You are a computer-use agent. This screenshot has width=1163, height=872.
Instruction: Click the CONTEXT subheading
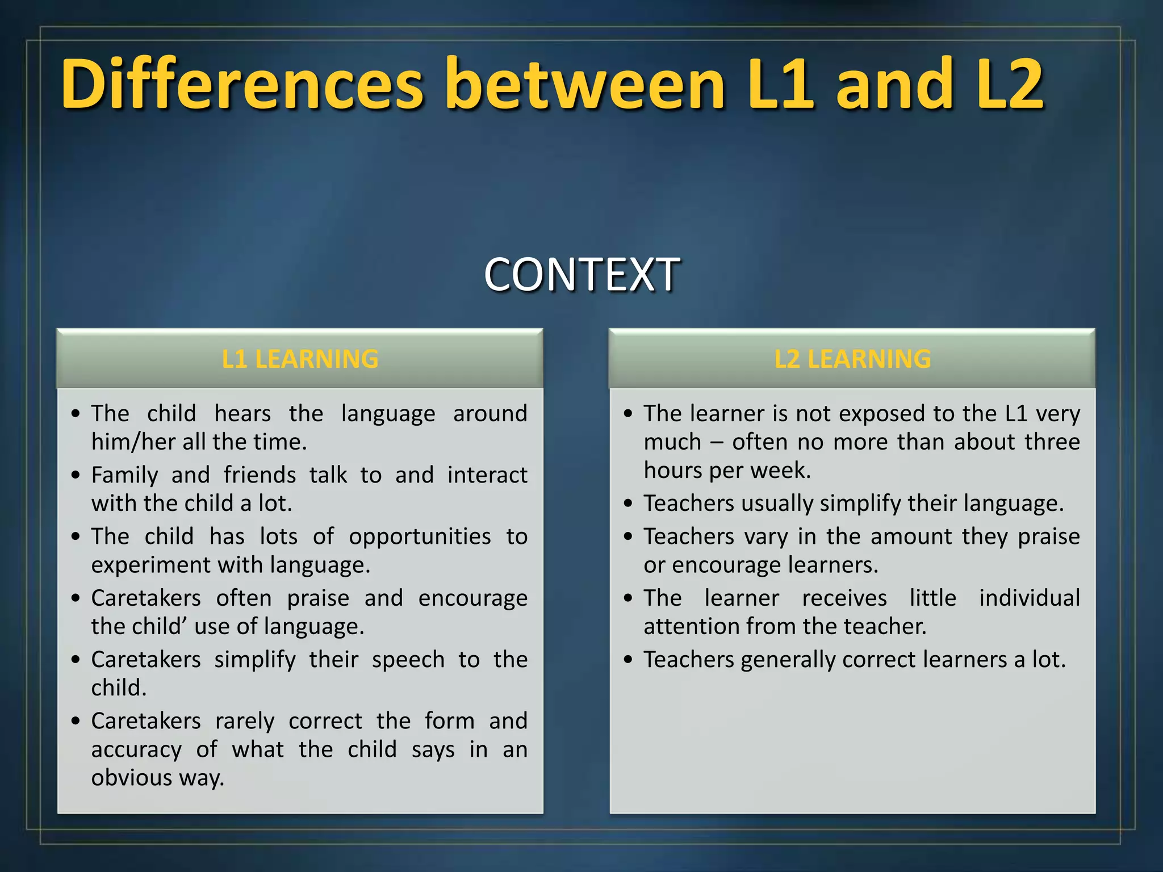(581, 275)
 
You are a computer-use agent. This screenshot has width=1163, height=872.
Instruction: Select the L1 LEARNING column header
(300, 359)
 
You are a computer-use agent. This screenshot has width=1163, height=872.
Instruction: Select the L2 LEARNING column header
(852, 359)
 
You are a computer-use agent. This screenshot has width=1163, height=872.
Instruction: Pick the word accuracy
(136, 750)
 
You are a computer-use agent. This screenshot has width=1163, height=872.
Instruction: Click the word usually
(776, 504)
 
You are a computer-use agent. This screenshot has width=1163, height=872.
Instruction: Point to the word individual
(1029, 598)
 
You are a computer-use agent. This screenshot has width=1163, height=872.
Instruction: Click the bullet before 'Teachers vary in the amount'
(627, 536)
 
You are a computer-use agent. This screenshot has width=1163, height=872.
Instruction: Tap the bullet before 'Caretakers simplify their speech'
(76, 660)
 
